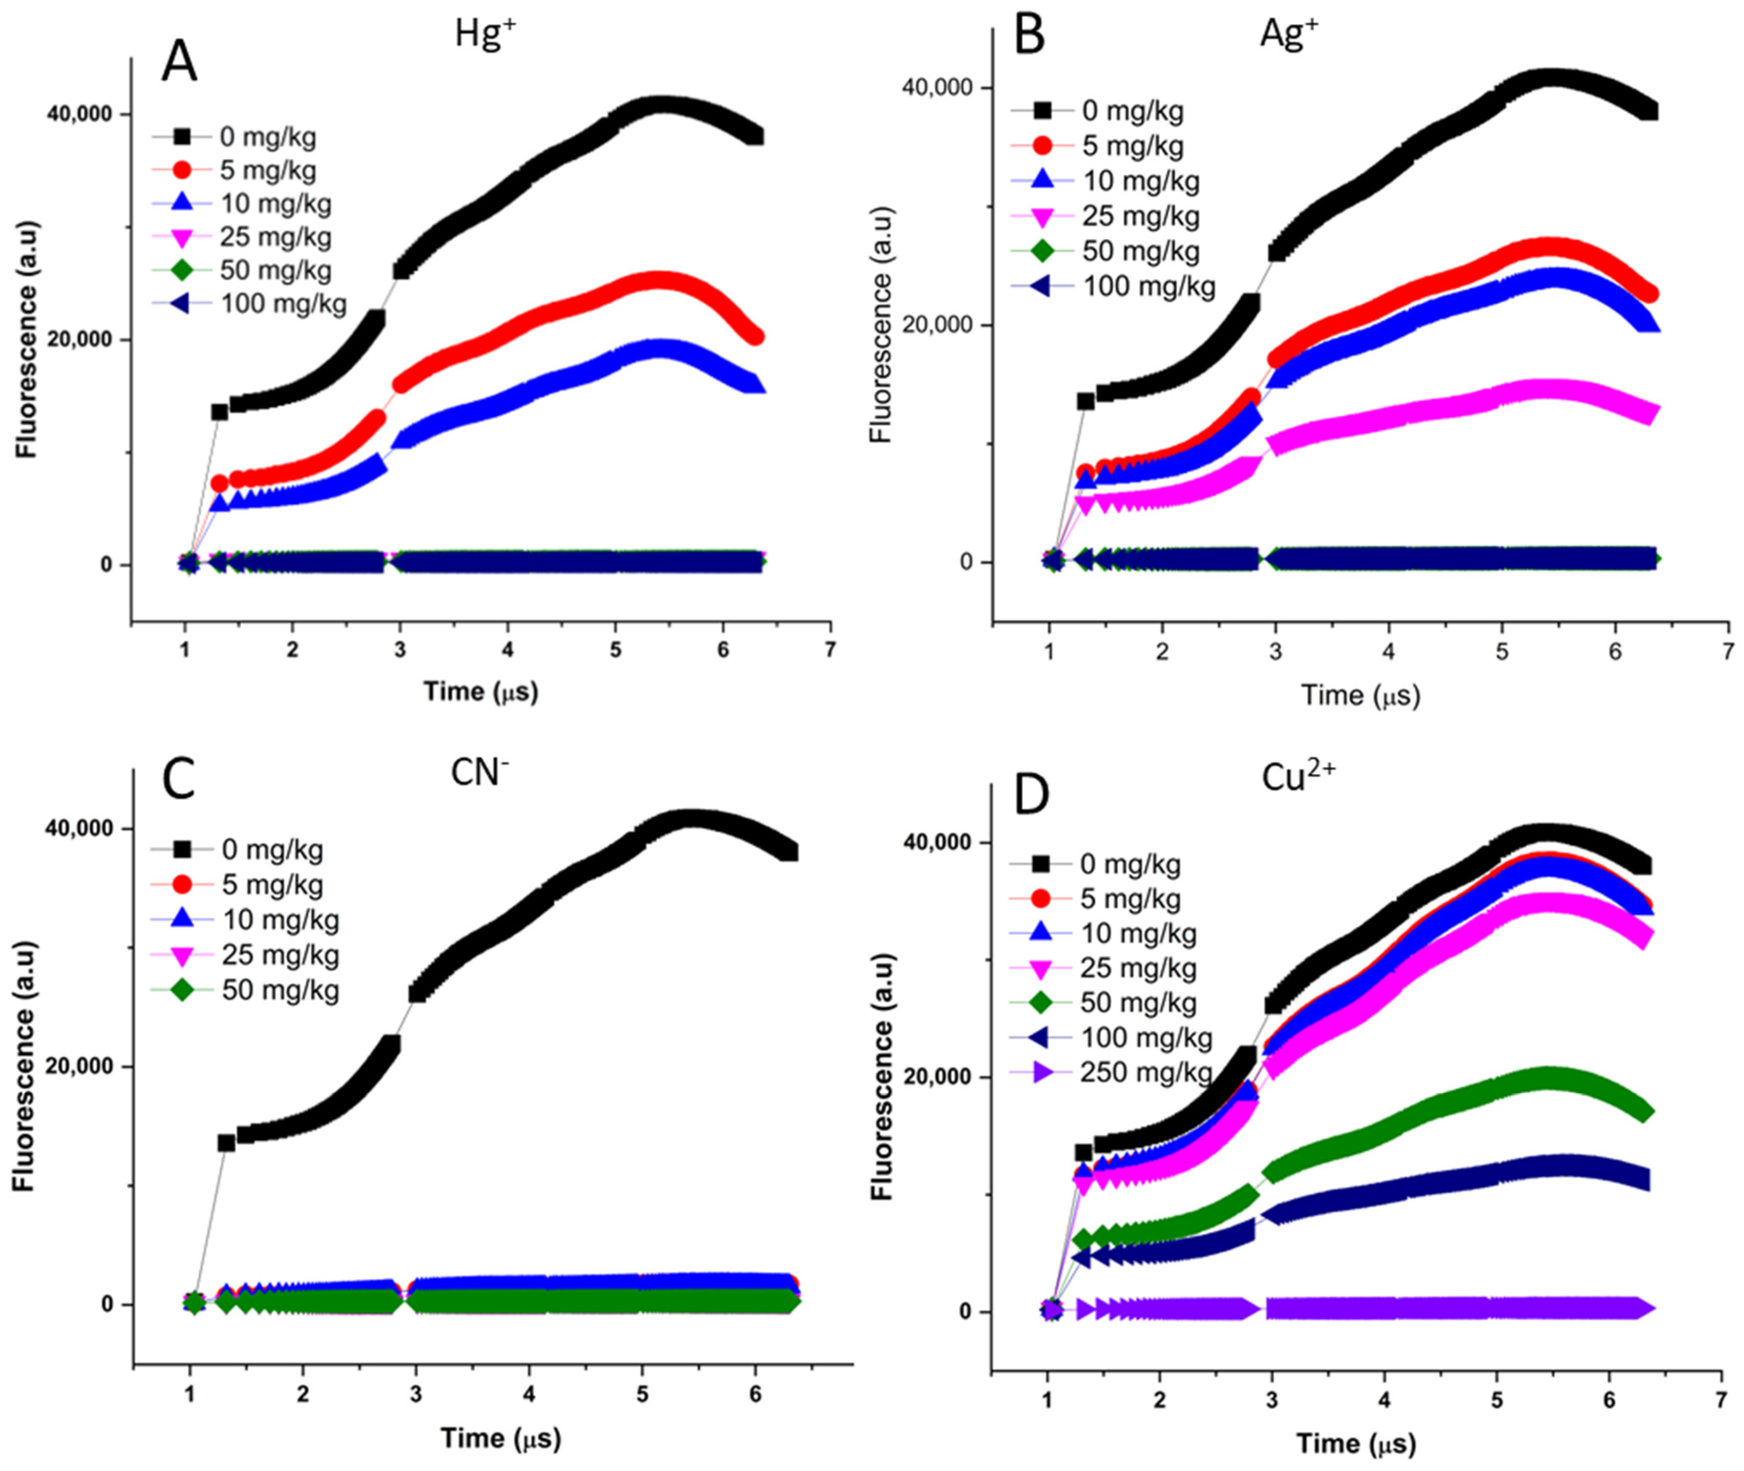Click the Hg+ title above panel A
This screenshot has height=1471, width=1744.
pos(485,34)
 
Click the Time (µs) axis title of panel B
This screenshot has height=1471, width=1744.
pos(1360,695)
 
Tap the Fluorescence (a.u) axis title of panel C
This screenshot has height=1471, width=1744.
pos(23,1067)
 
